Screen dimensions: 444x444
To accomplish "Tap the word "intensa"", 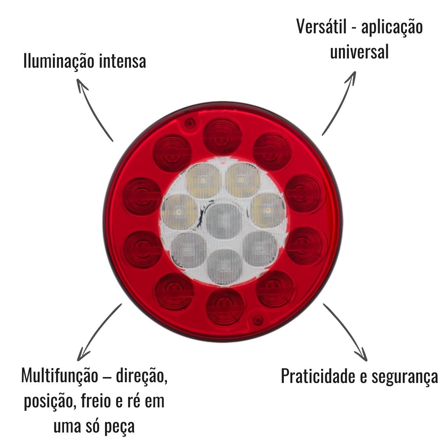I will (122, 61).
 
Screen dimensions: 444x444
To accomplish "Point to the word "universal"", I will (359, 52).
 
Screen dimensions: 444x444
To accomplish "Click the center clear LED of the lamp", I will (223, 221).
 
